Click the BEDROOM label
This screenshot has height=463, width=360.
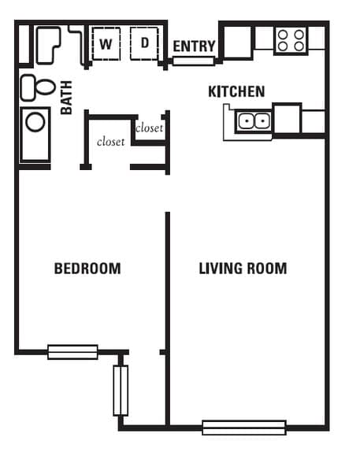[x=87, y=269]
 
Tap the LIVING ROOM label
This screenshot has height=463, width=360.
[x=243, y=269]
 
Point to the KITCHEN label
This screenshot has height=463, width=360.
[x=236, y=92]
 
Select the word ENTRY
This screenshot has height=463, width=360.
[x=194, y=46]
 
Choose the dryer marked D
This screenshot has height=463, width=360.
[x=145, y=43]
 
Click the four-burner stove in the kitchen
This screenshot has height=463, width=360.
[x=290, y=39]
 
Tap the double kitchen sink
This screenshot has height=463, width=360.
[x=254, y=121]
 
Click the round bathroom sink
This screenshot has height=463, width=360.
[x=35, y=121]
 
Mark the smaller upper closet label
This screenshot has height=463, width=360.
[x=150, y=128]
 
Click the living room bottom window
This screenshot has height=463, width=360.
[x=243, y=428]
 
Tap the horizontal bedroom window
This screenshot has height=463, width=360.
[x=72, y=352]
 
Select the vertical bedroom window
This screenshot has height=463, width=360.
[x=121, y=390]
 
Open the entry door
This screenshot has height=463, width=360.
[x=194, y=61]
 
